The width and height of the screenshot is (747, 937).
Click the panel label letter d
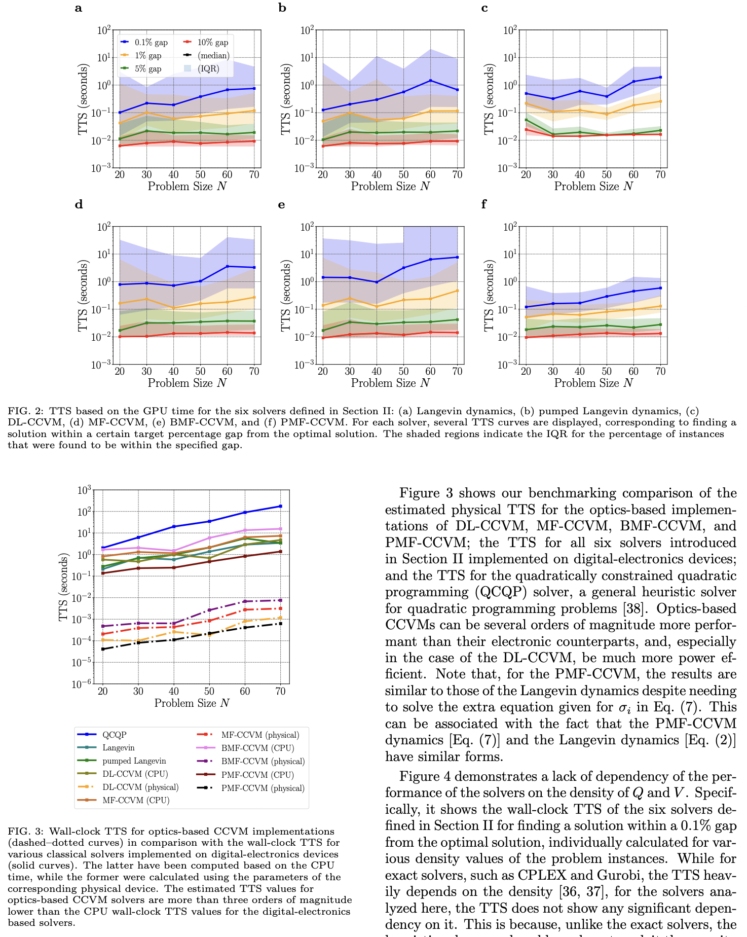79,205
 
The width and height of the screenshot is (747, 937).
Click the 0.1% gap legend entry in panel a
151,43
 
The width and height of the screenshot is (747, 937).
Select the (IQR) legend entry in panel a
208,68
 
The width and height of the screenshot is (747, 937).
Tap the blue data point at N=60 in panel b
430,81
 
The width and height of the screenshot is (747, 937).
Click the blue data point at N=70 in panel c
660,77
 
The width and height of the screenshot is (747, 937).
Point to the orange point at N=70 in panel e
457,291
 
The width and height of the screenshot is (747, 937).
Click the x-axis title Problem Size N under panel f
593,383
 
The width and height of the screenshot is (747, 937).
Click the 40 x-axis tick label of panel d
173,371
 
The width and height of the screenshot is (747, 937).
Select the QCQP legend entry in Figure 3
114,735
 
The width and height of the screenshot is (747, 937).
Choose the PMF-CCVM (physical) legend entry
263,788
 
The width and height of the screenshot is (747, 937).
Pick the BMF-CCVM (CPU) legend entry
257,748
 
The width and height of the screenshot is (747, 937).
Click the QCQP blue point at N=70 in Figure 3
280,506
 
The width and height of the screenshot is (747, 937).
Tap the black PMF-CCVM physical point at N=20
103,649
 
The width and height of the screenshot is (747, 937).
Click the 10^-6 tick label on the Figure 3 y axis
84,684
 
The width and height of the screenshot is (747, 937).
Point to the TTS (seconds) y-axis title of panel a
83,99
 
